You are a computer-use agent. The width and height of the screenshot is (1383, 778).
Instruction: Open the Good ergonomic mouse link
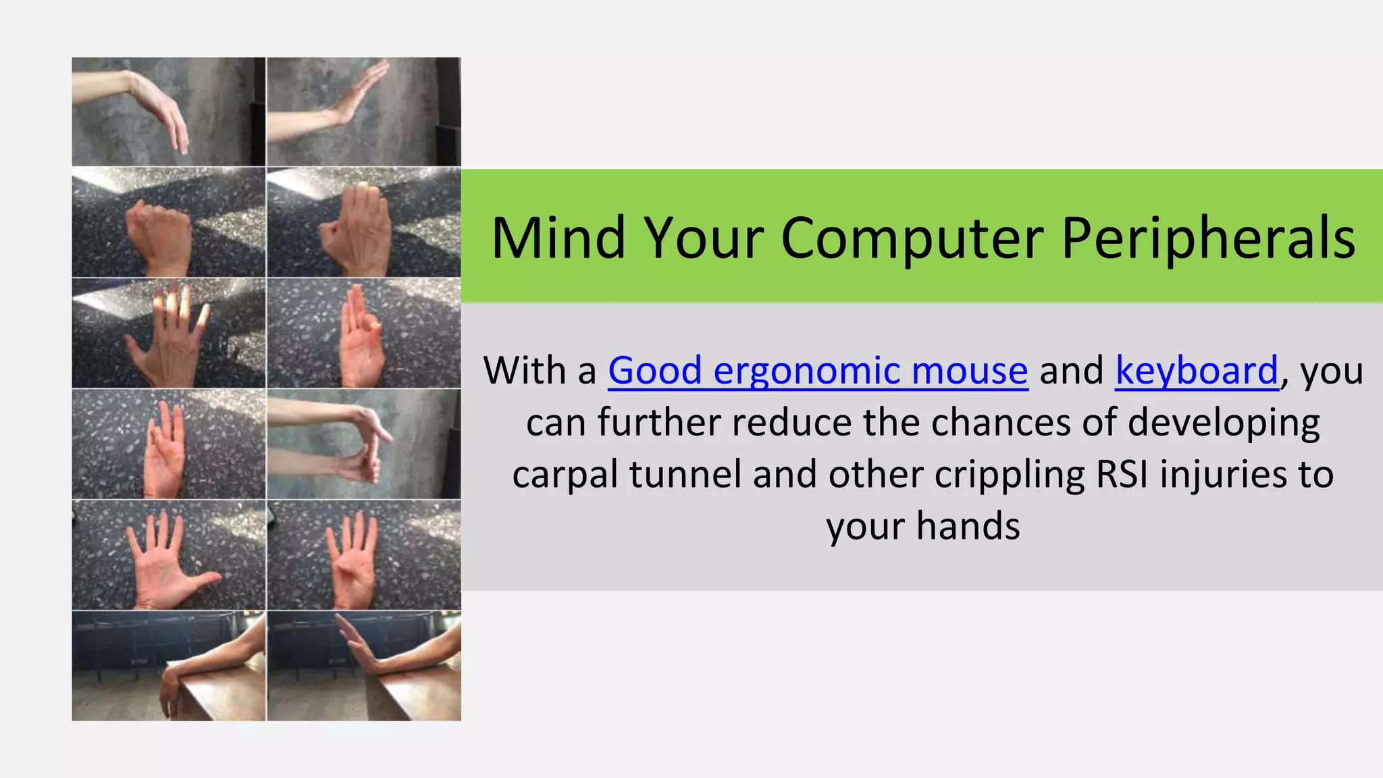click(818, 371)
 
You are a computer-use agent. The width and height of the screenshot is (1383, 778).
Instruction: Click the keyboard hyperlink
click(1197, 371)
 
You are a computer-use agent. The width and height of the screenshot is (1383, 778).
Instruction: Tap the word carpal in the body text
click(565, 474)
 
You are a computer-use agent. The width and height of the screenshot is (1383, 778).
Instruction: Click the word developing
click(1224, 423)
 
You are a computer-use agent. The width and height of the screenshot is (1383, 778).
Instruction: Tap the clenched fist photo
click(169, 222)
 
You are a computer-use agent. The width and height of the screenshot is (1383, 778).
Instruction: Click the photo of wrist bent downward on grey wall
click(169, 111)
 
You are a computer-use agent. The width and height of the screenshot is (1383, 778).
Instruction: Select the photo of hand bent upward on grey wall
click(364, 111)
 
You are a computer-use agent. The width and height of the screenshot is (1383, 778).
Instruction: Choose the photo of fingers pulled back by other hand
click(364, 444)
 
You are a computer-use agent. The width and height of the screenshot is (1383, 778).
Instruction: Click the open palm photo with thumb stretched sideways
click(169, 555)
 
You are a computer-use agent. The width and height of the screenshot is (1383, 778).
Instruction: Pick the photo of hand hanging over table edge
click(169, 666)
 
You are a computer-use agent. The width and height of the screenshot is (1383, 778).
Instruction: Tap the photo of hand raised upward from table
click(364, 666)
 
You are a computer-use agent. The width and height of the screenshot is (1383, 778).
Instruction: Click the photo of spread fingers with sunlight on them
click(169, 333)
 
